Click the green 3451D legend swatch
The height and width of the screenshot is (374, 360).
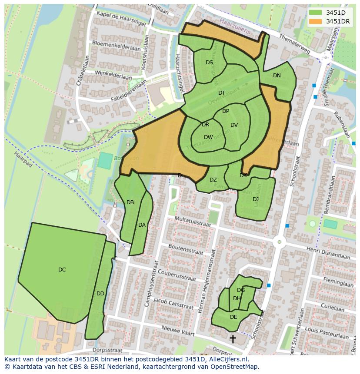[316, 13]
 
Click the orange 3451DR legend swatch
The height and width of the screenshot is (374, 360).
[316, 21]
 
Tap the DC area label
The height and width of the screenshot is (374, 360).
[62, 270]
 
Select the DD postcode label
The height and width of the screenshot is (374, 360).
[100, 294]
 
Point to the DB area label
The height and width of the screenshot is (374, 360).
[130, 202]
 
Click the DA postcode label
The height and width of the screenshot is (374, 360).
[142, 225]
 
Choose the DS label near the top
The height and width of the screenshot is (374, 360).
[209, 63]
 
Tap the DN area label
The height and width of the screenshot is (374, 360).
[277, 76]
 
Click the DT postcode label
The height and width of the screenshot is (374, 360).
[222, 93]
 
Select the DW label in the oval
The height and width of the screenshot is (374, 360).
[208, 137]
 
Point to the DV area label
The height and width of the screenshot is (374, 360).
[234, 125]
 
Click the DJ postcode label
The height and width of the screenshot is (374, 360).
[256, 199]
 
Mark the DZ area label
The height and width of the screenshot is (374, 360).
[213, 180]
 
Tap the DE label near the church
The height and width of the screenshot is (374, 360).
[233, 317]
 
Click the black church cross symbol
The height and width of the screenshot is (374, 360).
[233, 339]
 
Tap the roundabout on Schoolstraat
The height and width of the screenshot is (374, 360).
[279, 242]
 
